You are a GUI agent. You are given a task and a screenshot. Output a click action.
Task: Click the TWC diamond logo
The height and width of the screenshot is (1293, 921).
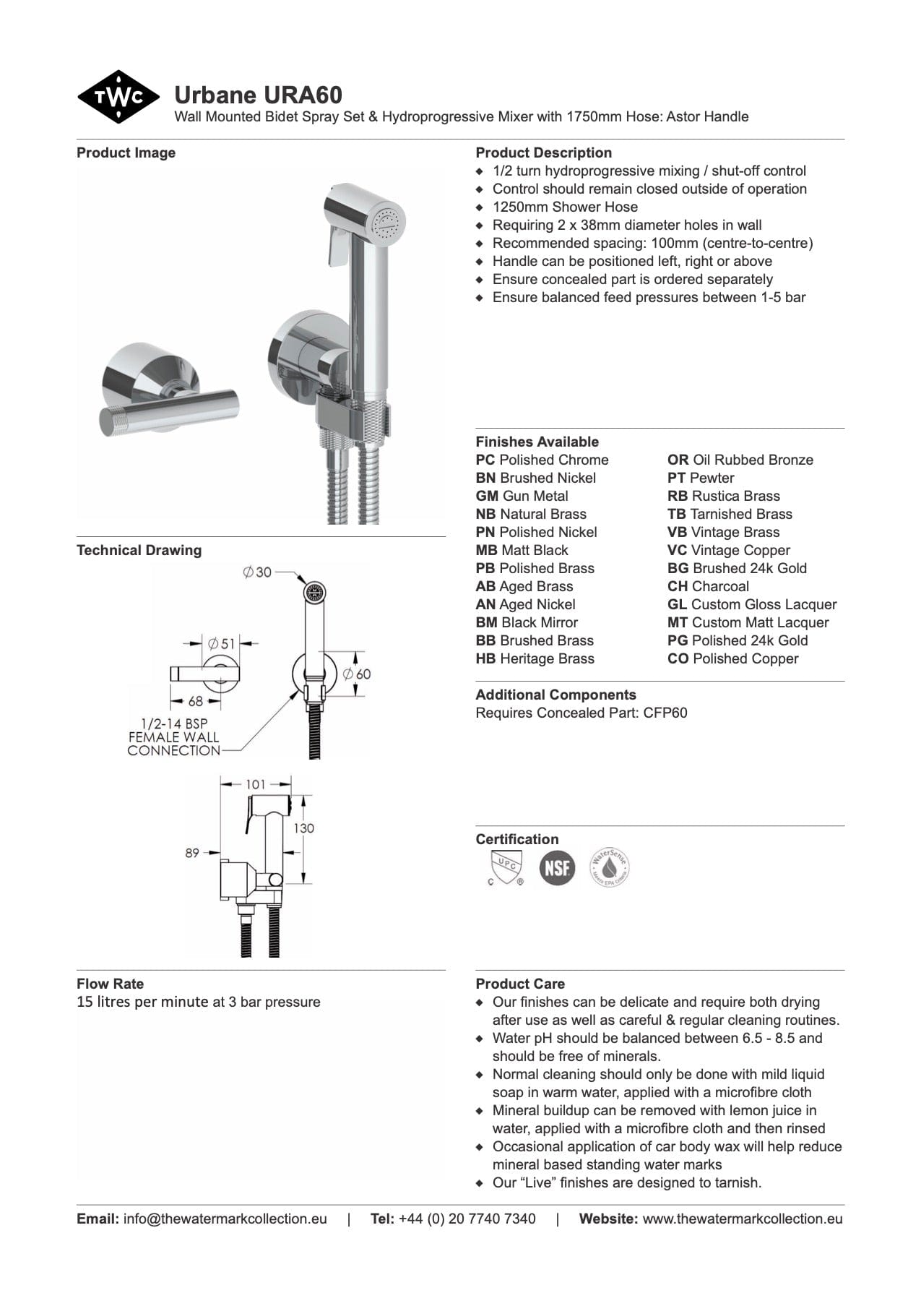pos(118,97)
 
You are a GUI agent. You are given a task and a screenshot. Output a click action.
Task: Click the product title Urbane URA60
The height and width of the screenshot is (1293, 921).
pos(258,95)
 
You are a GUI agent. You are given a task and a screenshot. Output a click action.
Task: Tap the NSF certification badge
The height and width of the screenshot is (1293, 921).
pos(557,867)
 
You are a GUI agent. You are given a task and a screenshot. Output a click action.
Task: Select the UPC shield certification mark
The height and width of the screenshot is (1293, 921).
pos(506,866)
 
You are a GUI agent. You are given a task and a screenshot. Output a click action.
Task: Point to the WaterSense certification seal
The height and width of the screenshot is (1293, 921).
pos(609,867)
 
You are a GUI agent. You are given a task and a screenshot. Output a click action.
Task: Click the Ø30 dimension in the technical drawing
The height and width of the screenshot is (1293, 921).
pos(257,572)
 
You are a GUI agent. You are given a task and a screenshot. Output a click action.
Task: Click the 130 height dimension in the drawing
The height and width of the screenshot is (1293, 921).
pos(303,828)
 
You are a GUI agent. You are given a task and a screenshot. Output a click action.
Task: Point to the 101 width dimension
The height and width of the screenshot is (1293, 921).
pos(256,784)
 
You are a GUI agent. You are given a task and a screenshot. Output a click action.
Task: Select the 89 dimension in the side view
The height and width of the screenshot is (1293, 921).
pos(191,853)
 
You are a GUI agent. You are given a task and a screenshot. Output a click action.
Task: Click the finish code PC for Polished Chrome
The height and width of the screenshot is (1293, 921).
pos(485,460)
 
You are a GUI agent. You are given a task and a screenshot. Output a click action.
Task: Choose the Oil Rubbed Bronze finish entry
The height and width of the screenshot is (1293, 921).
pos(740,460)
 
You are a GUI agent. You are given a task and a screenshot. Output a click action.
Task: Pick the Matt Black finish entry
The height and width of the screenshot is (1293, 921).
pos(522,551)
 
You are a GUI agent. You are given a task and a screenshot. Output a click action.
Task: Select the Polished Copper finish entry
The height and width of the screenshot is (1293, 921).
pos(732,659)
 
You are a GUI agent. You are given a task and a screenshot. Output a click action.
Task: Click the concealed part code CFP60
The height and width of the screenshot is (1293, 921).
pos(665,713)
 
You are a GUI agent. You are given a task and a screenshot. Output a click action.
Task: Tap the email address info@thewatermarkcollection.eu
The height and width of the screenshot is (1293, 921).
pos(225,1219)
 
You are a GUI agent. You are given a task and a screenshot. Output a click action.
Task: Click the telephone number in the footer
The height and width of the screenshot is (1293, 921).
pos(467,1219)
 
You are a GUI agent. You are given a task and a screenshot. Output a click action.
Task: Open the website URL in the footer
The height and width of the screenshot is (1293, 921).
pos(742,1219)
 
